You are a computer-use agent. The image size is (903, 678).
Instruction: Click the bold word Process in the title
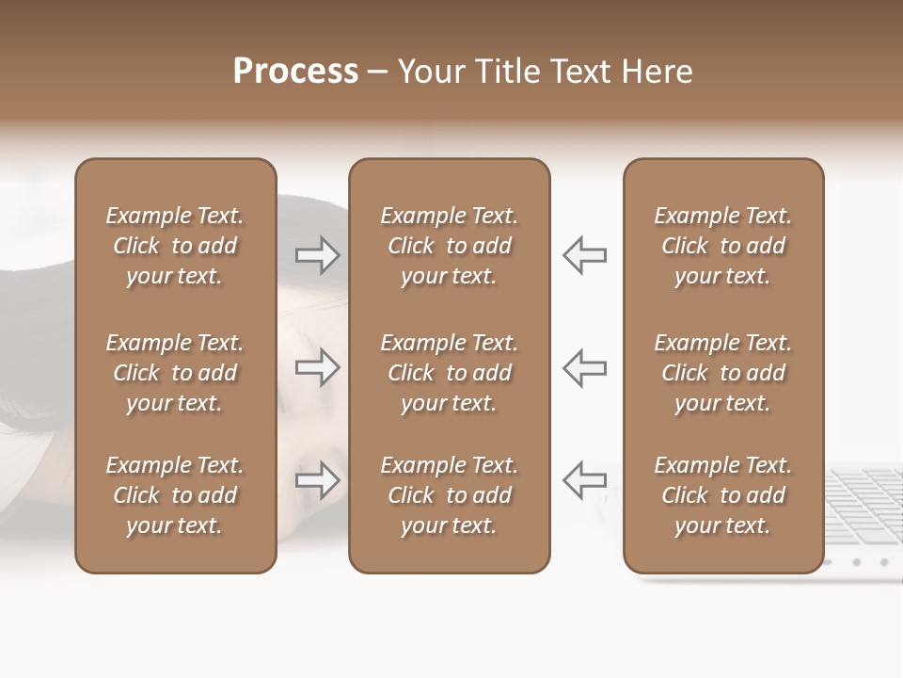295,72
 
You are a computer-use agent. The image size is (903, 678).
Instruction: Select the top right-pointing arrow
317,255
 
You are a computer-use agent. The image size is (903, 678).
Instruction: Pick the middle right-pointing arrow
317,367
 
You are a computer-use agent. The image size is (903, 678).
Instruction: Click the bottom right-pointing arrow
317,480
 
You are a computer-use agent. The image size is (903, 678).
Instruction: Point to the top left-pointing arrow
585,255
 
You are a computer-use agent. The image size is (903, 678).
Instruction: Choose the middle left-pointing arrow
585,367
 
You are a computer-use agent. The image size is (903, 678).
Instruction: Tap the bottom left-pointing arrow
585,480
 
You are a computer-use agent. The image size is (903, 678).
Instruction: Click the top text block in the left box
175,246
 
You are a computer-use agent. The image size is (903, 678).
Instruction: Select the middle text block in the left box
175,373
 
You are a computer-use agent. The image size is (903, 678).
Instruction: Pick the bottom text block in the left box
175,495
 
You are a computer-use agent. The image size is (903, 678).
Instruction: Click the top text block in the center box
450,246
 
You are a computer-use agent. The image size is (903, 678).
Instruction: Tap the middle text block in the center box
450,373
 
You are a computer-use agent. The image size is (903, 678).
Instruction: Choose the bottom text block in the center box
450,495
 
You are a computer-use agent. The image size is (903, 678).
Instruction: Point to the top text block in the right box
723,246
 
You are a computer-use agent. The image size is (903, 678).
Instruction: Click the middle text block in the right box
723,373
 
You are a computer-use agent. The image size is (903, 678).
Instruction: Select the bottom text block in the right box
723,495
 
